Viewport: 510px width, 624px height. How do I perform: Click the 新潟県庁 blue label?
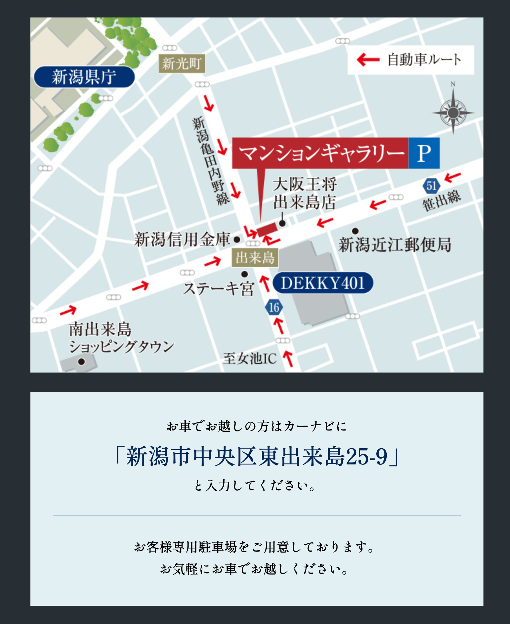coord(84,77)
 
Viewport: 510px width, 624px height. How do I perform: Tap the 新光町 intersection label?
coord(182,64)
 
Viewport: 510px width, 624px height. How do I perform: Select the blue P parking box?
coord(424,153)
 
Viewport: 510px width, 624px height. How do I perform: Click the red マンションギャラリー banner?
coord(320,153)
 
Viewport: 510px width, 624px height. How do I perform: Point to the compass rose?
coord(453,112)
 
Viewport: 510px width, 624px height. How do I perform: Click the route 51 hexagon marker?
coord(431,186)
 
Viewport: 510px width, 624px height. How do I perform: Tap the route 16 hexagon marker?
coord(274,307)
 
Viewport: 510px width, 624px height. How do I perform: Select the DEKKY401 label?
coord(323,283)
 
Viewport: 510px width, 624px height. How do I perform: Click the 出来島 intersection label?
coord(255,258)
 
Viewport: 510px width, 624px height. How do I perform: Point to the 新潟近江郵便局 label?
coord(395,245)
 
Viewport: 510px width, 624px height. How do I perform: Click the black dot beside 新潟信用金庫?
coord(237,240)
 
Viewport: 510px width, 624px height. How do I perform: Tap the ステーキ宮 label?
coord(219,288)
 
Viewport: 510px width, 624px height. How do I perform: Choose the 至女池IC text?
coord(250,359)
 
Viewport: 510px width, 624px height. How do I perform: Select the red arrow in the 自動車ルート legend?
coord(368,60)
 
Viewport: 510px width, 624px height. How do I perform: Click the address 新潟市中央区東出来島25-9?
coord(257,456)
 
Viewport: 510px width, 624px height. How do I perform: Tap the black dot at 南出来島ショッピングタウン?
coord(82,362)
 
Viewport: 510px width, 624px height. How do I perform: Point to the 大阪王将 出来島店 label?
coord(305,193)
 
